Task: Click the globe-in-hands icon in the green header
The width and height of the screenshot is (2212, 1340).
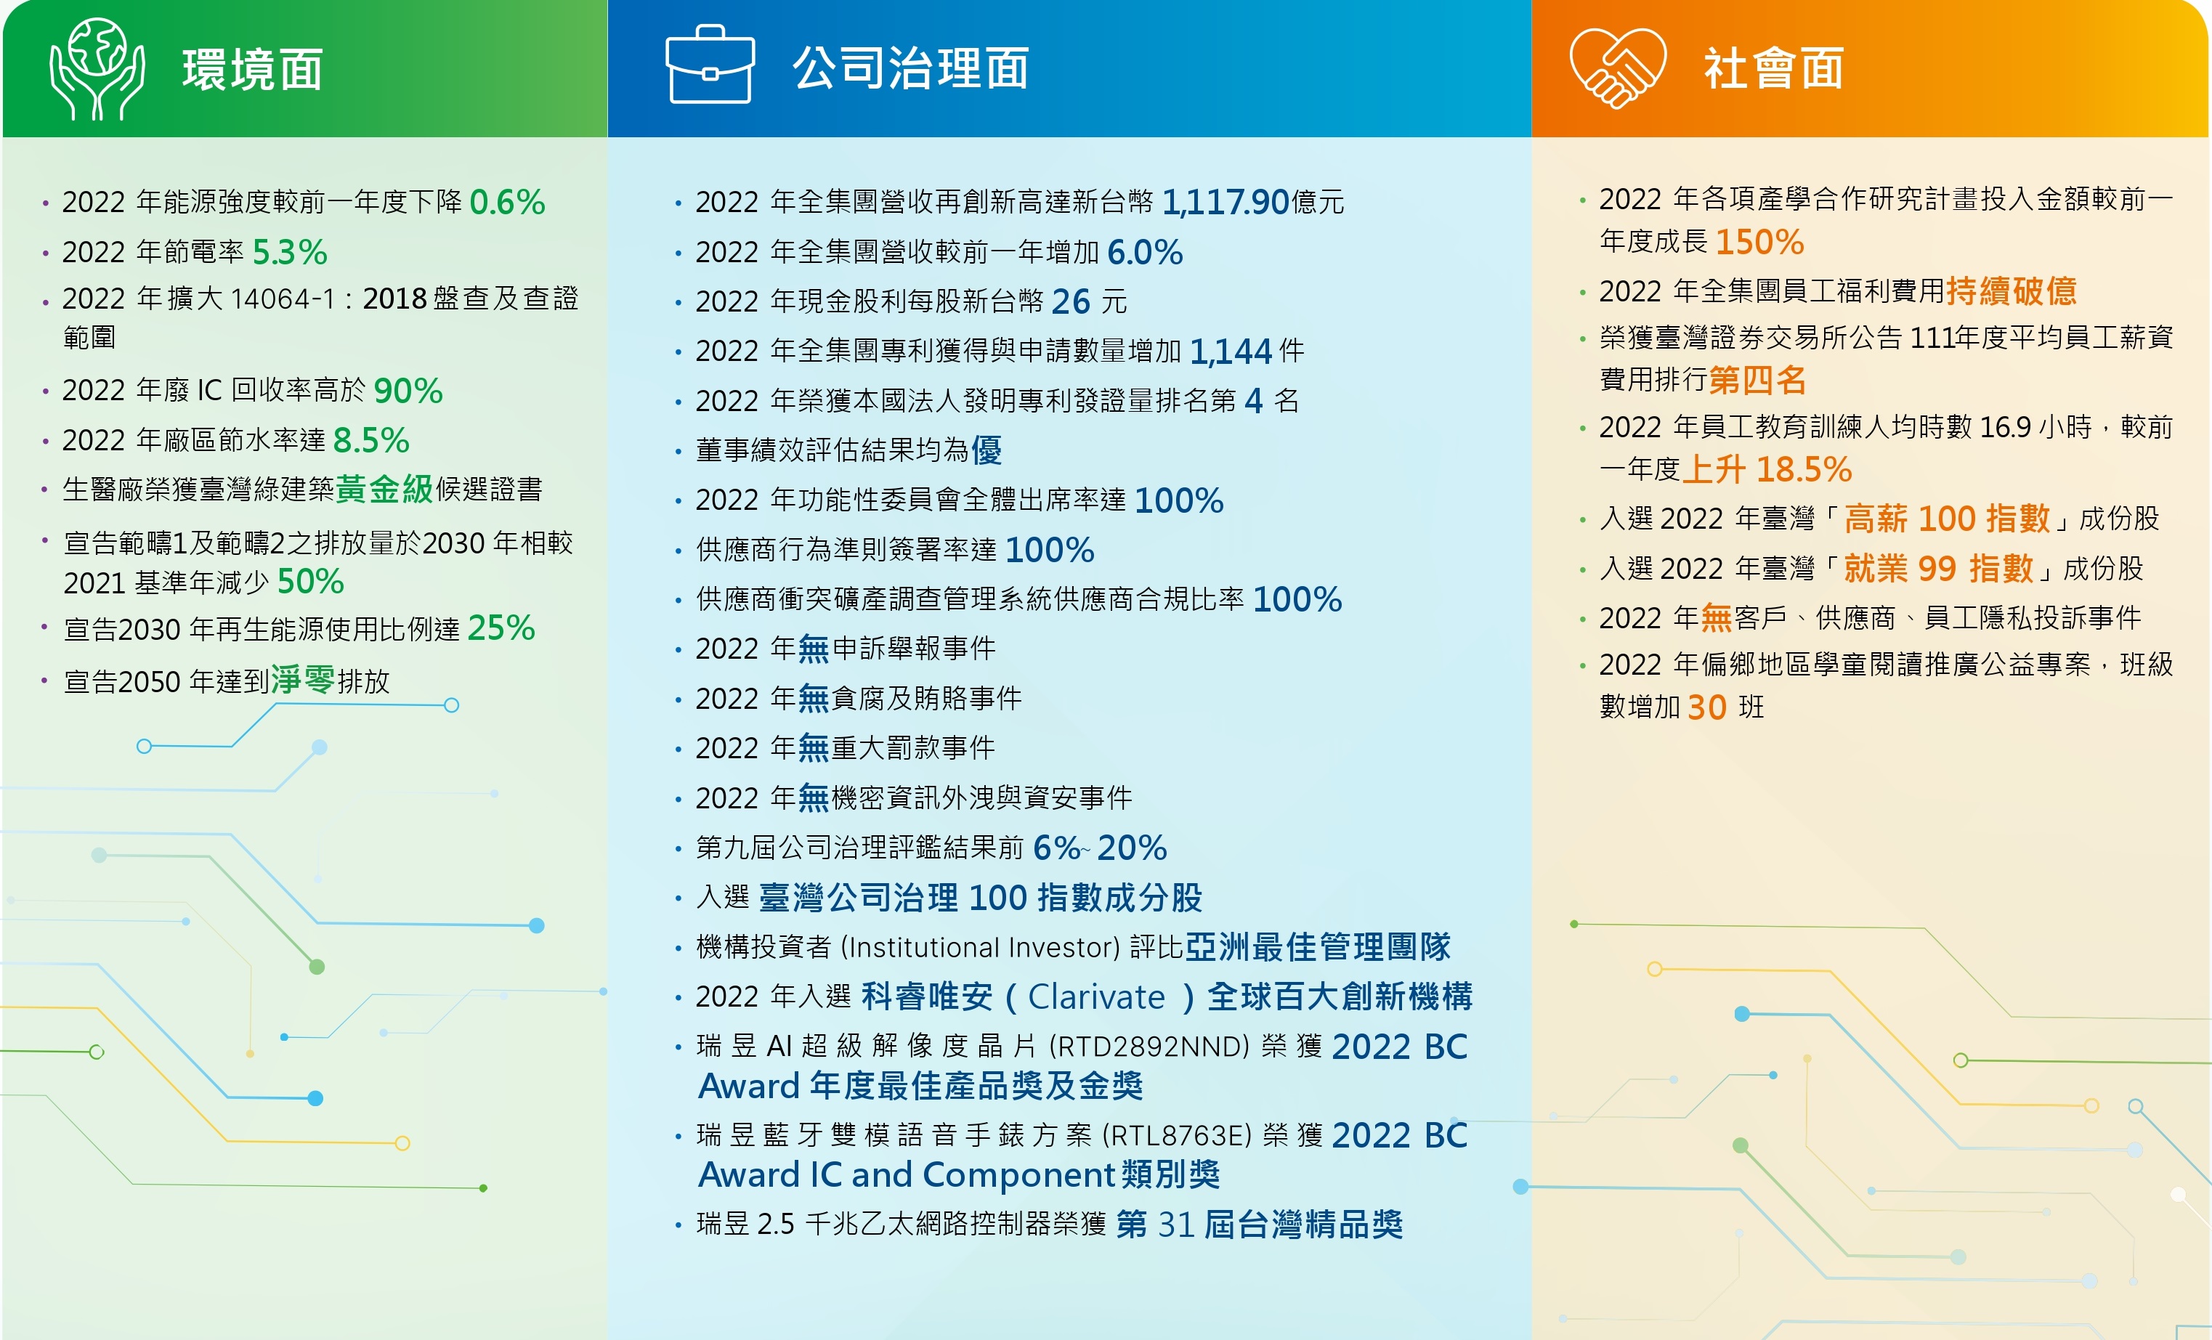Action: tap(97, 69)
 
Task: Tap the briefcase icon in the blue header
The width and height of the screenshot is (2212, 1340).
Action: tap(709, 65)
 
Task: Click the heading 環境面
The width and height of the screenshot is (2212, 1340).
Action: tap(253, 69)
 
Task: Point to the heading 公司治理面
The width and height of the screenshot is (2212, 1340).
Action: tap(910, 68)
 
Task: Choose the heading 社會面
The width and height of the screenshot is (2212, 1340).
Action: tap(1774, 68)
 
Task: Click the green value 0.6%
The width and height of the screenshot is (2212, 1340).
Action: tap(507, 202)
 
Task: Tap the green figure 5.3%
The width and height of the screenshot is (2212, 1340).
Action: tap(290, 252)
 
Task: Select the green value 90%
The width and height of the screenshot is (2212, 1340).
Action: tap(408, 391)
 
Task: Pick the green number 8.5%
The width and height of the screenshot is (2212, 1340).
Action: tap(370, 441)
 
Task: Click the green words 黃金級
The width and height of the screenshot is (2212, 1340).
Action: tap(384, 489)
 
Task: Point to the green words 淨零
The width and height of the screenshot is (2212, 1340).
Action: tap(304, 681)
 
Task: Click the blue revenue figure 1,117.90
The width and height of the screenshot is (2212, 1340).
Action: tap(1225, 203)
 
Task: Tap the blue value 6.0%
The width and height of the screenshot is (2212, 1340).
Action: tap(1146, 252)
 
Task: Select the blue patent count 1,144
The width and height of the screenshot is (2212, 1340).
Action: tap(1231, 352)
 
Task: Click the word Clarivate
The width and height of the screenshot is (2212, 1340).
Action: tap(1096, 997)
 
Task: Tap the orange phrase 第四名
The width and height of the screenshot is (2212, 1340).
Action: tap(1758, 380)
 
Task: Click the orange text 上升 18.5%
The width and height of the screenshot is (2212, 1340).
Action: tap(1767, 469)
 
